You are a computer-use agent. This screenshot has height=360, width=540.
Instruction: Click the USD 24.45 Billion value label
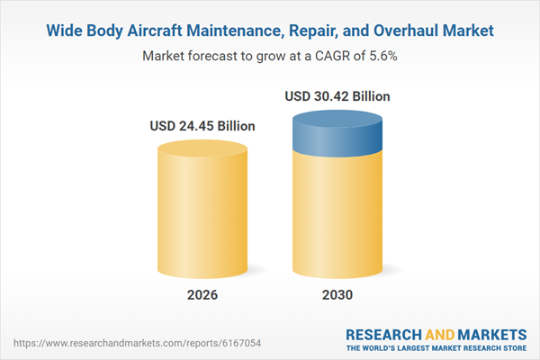(202, 126)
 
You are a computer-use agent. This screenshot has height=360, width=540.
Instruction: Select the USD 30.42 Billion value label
(338, 95)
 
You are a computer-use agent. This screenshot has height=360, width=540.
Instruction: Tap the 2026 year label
(202, 295)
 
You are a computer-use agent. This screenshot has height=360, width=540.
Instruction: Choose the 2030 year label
(338, 295)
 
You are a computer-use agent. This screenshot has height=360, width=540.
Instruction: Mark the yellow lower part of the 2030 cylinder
(338, 216)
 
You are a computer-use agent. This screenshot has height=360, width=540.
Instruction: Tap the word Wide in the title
(64, 31)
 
